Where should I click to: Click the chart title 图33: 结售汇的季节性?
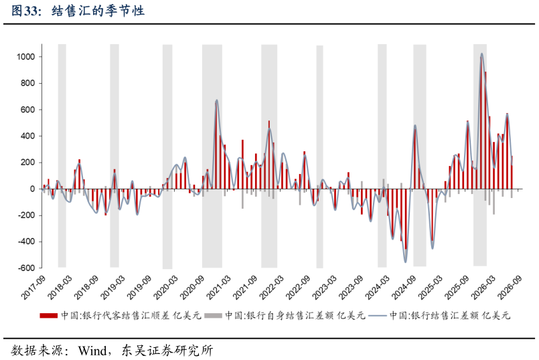click(78, 11)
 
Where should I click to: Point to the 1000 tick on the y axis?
click(26, 57)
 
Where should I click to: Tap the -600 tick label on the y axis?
click(27, 268)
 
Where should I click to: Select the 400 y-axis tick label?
click(28, 136)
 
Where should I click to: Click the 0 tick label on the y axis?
click(33, 189)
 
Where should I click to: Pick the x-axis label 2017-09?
click(33, 287)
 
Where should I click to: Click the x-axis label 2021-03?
click(218, 287)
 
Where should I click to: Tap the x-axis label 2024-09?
click(403, 287)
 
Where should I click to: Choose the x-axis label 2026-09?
click(509, 287)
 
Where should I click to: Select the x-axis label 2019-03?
click(112, 287)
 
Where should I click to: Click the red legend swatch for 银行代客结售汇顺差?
click(48, 315)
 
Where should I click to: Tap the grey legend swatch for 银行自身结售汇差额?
click(213, 315)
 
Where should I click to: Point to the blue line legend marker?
click(378, 315)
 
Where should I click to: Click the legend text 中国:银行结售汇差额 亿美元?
click(450, 315)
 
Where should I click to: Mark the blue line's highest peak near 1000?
click(482, 54)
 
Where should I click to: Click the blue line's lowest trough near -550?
click(406, 262)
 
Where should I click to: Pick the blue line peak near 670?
click(216, 100)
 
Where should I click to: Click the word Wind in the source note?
click(92, 351)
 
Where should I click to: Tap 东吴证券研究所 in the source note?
click(167, 351)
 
